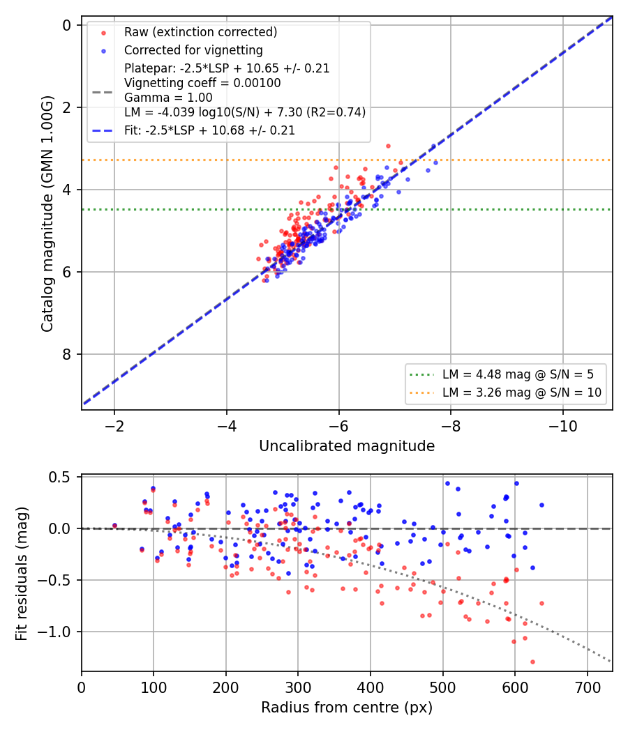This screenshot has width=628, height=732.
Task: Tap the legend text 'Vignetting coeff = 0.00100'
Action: [202, 83]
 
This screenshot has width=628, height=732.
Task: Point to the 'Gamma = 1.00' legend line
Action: [168, 98]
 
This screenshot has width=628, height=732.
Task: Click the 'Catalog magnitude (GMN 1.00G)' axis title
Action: [47, 214]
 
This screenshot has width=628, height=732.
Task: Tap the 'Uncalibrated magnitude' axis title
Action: [347, 446]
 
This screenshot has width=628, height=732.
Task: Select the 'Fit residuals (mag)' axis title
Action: [22, 574]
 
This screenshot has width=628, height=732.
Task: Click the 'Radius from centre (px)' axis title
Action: [347, 708]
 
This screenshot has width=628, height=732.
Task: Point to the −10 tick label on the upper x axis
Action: [562, 427]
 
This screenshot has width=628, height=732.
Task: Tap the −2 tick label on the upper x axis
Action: [114, 427]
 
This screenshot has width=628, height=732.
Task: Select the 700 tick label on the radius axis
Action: [587, 687]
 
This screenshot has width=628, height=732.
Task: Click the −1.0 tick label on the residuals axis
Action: [53, 632]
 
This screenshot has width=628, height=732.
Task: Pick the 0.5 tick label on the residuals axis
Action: [59, 477]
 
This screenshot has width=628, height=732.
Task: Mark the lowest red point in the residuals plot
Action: [532, 662]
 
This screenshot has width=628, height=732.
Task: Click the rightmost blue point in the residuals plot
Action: [541, 505]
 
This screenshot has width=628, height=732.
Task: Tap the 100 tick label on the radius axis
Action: [154, 687]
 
